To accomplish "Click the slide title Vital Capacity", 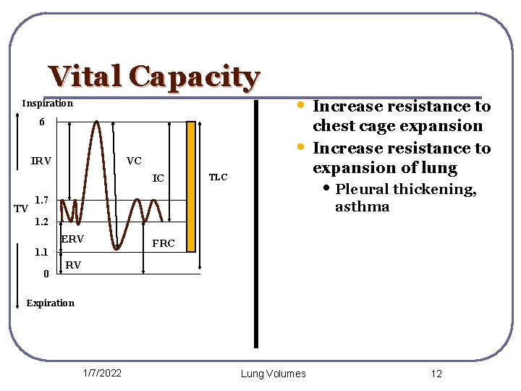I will point(153,77).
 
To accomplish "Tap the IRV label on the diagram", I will point(41,161).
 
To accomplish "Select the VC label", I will point(134,161).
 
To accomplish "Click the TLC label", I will point(218,177).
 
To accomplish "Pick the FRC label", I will point(163,243).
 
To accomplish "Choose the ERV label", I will point(72,239).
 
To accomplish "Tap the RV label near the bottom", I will point(73,266).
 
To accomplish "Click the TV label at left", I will point(21,209).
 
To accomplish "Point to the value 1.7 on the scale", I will point(42,199).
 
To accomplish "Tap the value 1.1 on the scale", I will point(41,253).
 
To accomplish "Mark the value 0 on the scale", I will point(46,274).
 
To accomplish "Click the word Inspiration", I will point(47,104).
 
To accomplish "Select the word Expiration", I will point(50,303).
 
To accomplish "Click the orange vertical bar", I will point(191,186).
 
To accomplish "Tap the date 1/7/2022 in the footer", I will point(102,373).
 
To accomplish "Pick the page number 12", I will point(436,374).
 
